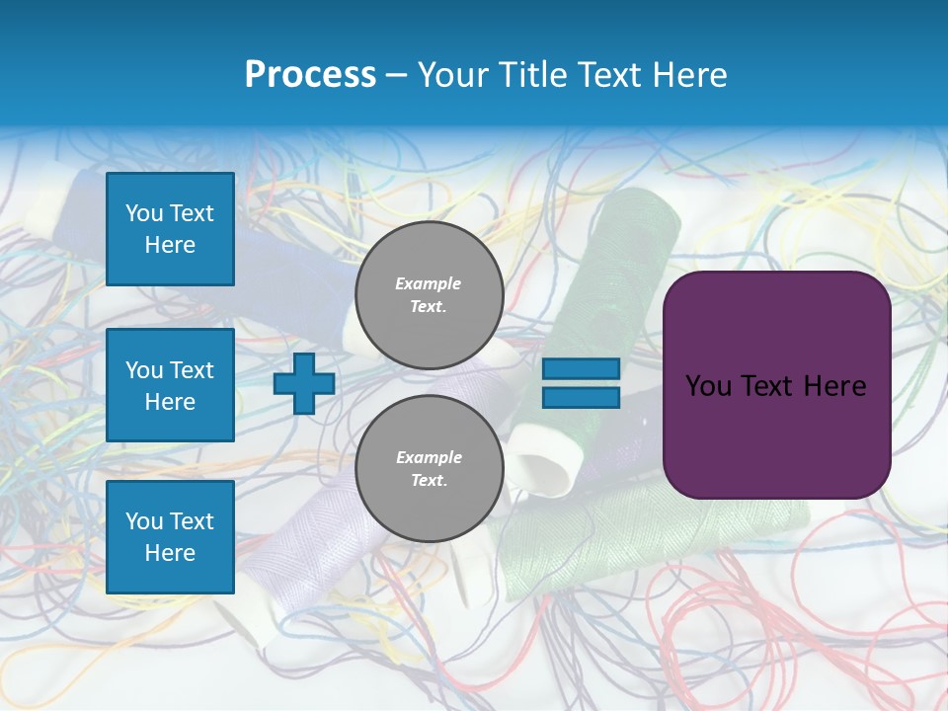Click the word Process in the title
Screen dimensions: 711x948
point(310,75)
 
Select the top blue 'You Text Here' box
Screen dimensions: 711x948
point(170,229)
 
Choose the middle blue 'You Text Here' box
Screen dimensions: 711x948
point(170,385)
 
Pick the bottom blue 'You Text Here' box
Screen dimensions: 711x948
point(170,536)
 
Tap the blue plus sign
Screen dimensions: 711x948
point(304,383)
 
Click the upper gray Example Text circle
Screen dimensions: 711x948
point(429,295)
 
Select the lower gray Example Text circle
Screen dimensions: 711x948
point(429,469)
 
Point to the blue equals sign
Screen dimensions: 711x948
point(581,383)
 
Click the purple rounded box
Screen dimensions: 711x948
point(776,385)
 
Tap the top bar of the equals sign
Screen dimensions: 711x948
point(581,369)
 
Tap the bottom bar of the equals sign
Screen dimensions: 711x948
point(581,397)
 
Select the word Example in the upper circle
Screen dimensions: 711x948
point(429,283)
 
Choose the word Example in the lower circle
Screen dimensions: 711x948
point(429,457)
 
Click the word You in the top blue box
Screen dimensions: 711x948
point(144,213)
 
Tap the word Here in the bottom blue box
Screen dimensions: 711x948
point(170,553)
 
